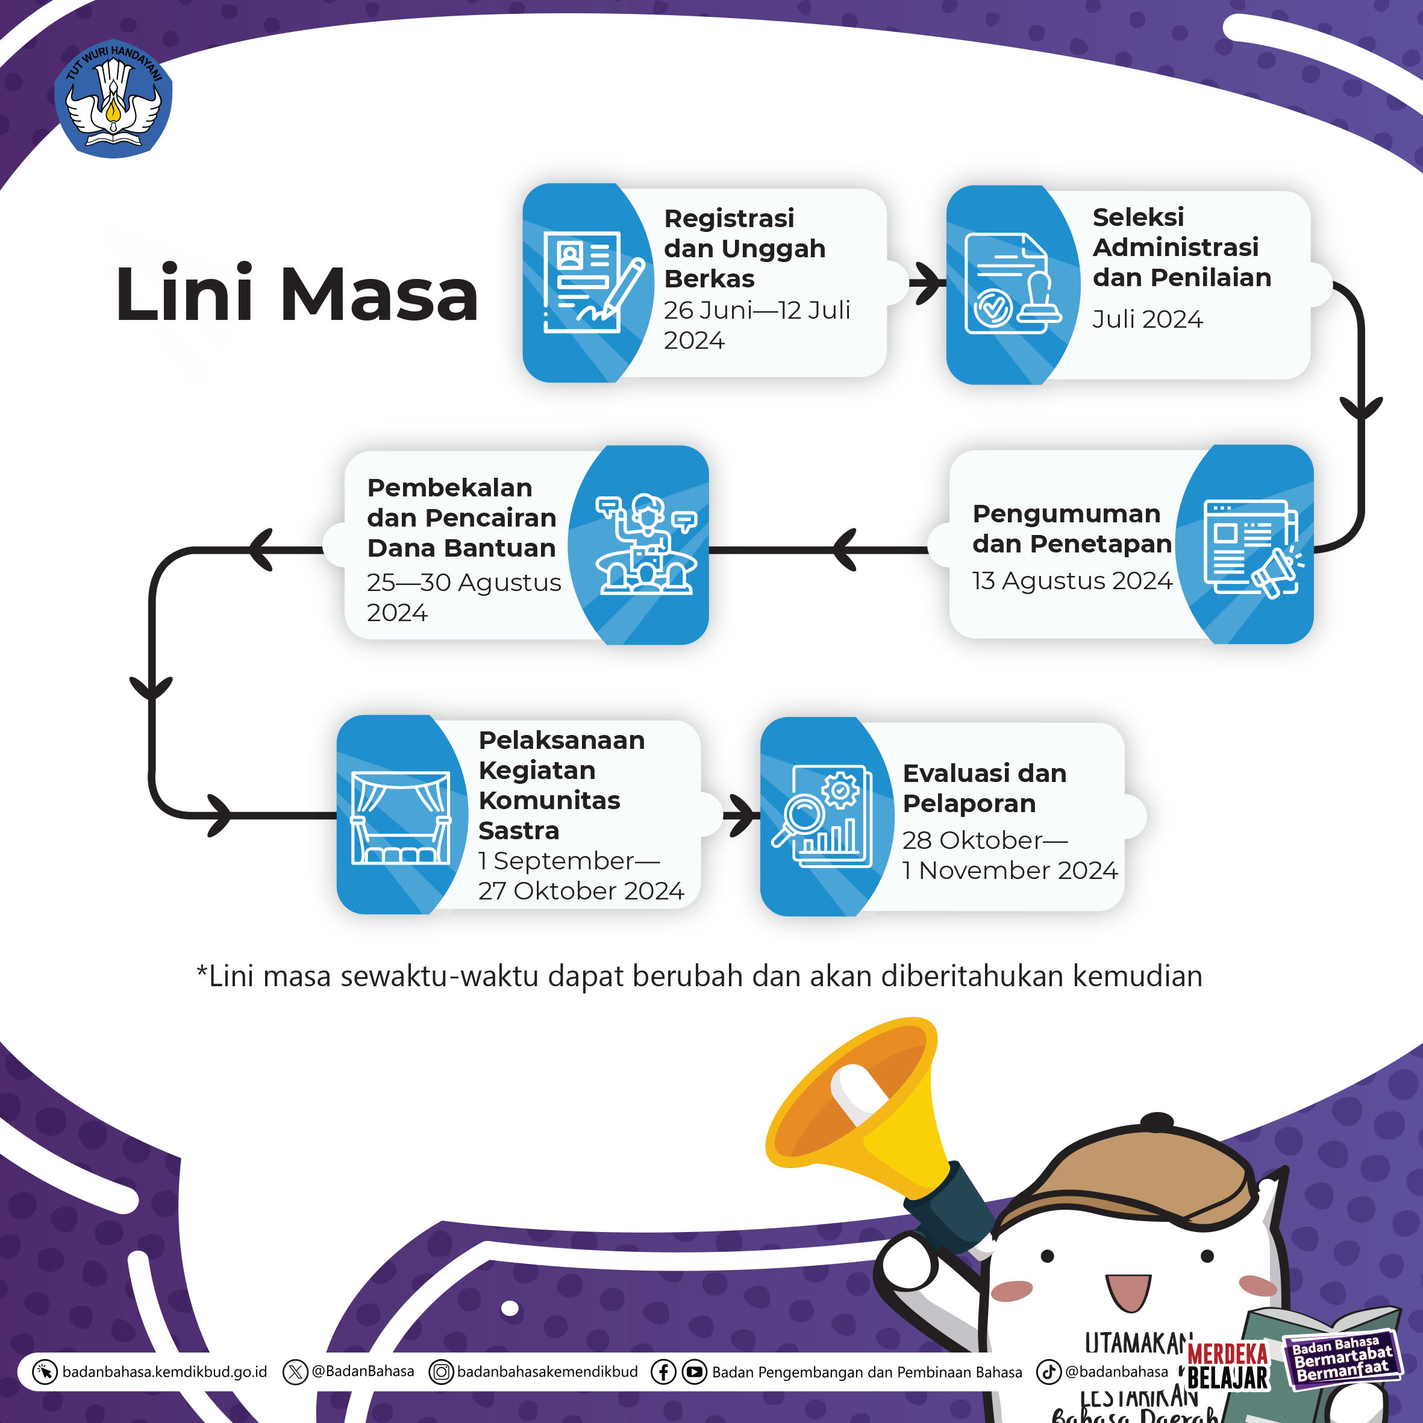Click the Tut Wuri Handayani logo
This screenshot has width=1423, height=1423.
pos(113,98)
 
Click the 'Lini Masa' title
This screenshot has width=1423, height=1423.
pos(297,295)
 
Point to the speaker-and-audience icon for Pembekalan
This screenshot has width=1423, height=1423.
pos(646,545)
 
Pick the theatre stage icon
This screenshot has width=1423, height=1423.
pos(400,818)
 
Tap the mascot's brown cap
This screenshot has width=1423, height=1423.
pos(1134,1178)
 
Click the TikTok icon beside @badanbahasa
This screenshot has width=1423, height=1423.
pos(1048,1371)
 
